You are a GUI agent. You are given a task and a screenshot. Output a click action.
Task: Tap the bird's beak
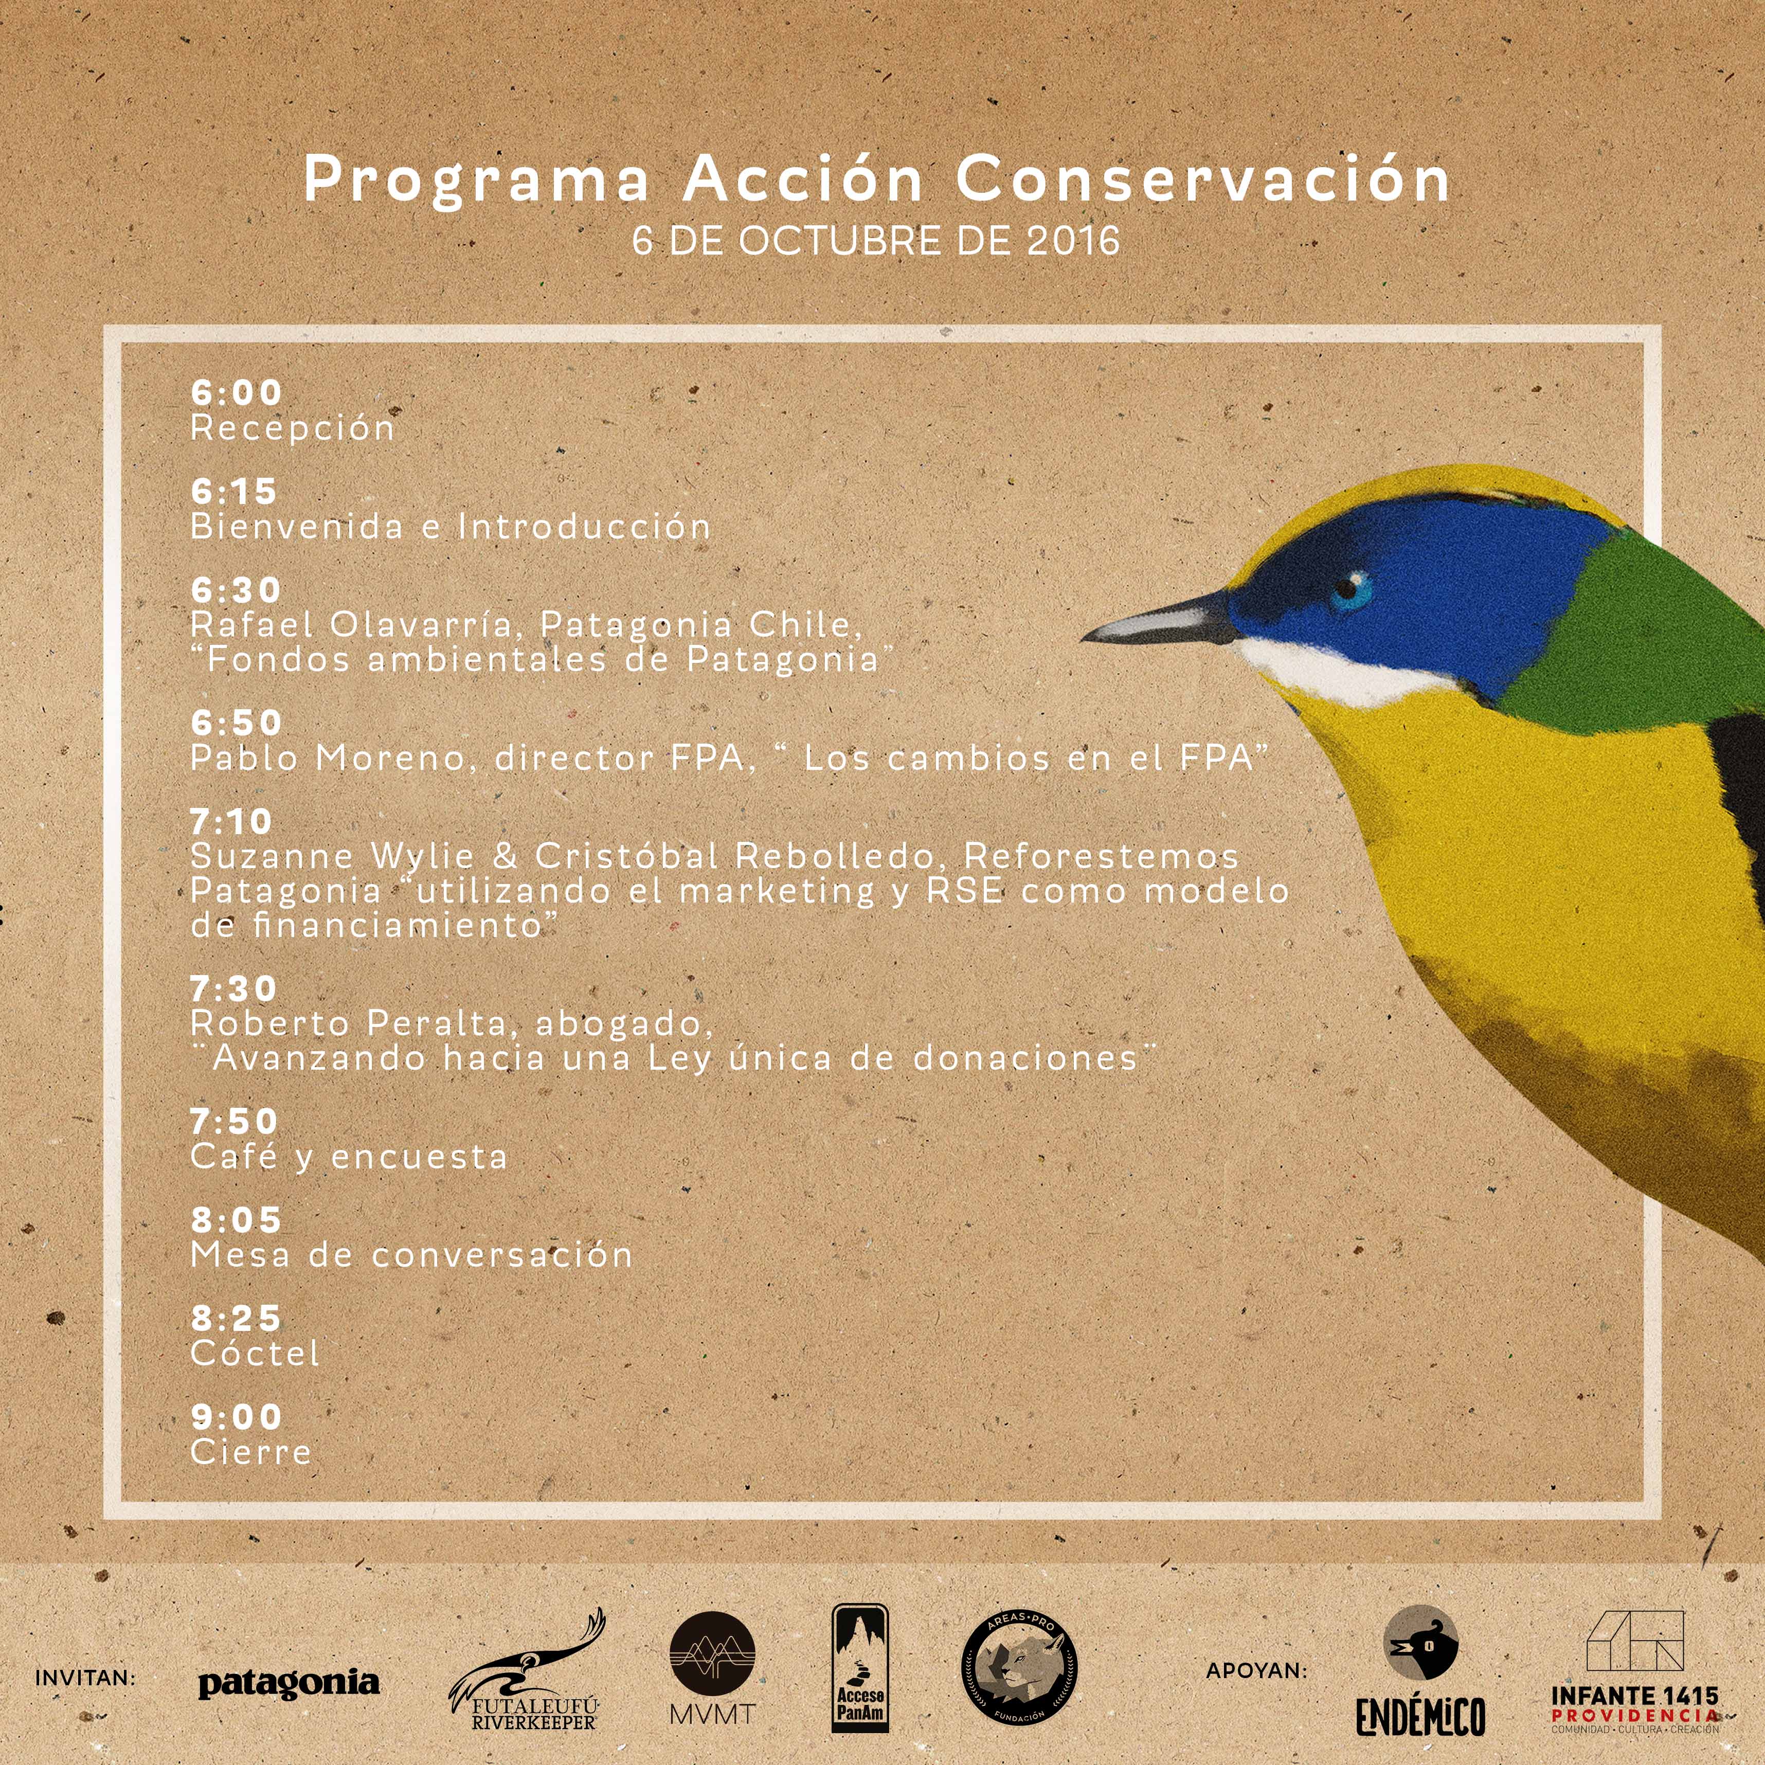(1160, 619)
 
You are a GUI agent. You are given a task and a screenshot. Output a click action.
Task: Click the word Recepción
(292, 428)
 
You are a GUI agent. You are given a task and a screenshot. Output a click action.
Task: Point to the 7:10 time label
(231, 821)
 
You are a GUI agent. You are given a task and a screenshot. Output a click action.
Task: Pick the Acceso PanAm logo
(860, 1679)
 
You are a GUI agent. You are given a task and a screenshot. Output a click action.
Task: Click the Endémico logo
(1420, 1682)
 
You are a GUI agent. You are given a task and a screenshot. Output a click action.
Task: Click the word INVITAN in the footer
(85, 1678)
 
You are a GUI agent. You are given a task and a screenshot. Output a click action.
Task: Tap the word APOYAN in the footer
(1257, 1671)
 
